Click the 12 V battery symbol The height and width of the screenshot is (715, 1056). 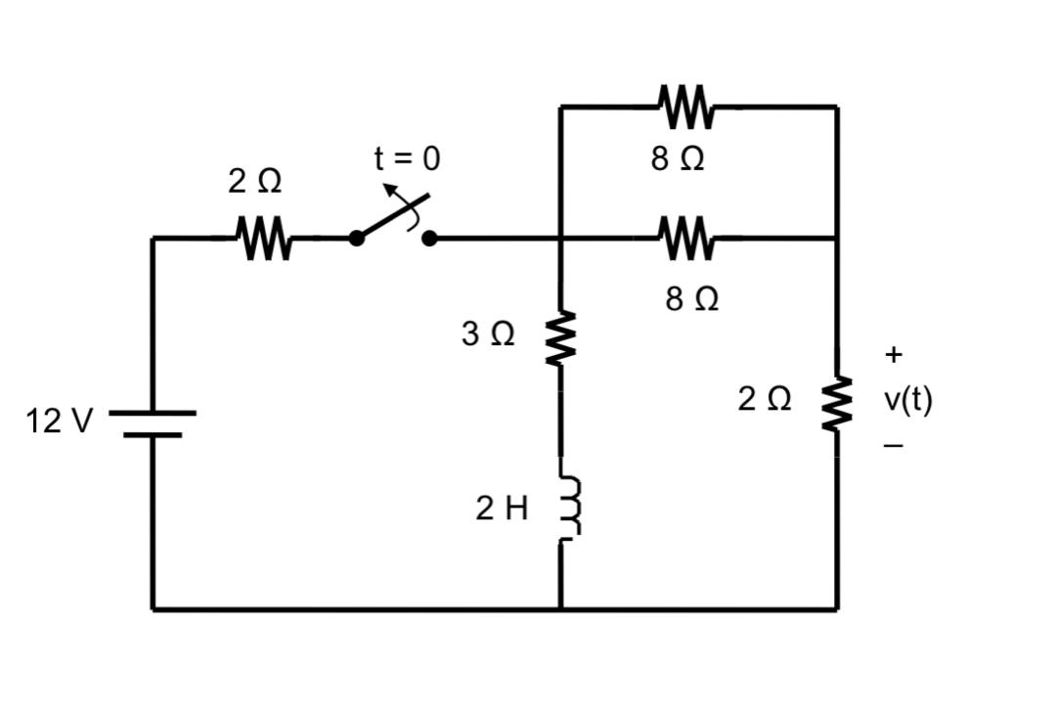153,424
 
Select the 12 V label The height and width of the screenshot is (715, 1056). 60,422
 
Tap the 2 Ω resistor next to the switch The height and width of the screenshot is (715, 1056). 262,238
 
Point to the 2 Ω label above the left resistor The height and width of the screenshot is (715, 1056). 255,181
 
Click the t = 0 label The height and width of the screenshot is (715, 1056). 408,158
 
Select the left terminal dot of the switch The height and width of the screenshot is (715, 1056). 357,238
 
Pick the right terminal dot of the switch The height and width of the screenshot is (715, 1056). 428,238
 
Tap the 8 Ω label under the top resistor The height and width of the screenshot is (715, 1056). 678,159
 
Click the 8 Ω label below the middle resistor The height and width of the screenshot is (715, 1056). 692,298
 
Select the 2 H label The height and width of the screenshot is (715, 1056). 502,509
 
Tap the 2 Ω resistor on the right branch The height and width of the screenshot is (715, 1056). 837,404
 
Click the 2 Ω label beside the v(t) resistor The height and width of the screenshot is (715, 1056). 765,399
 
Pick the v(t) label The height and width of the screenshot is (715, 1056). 907,399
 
